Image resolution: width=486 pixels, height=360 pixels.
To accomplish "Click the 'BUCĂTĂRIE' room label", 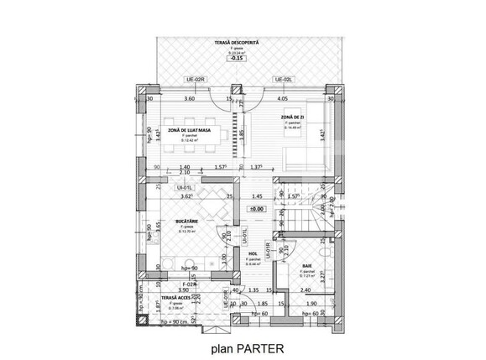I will pyautogui.click(x=186, y=222).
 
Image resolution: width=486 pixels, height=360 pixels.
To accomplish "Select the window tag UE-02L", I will pyautogui.click(x=281, y=79).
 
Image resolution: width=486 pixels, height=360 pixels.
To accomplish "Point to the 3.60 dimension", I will pyautogui.click(x=189, y=98).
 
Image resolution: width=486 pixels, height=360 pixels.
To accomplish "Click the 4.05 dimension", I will pyautogui.click(x=282, y=98).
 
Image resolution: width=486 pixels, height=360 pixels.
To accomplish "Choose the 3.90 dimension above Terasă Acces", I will pyautogui.click(x=172, y=290).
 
